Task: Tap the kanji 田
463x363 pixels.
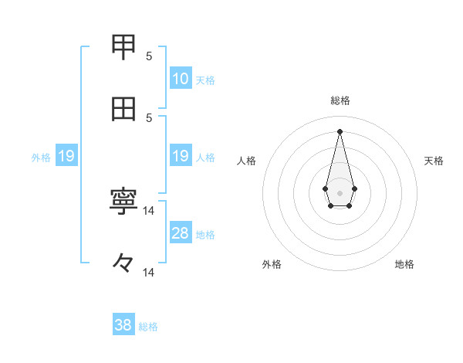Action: (x=124, y=110)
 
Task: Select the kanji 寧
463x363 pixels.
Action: (x=124, y=202)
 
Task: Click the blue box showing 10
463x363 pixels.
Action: (x=181, y=79)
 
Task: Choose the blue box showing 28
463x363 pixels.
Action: (x=181, y=233)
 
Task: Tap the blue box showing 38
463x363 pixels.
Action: (x=123, y=325)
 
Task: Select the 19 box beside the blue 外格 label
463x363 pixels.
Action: (x=66, y=157)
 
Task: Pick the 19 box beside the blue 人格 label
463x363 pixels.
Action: (x=181, y=157)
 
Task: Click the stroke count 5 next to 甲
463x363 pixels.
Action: (x=150, y=56)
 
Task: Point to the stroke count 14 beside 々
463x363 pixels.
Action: (x=149, y=273)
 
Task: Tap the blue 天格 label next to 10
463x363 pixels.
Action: (x=205, y=80)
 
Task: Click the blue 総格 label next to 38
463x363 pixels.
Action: (x=148, y=326)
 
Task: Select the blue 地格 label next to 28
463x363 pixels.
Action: (x=205, y=234)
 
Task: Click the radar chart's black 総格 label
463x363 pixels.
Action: (x=340, y=100)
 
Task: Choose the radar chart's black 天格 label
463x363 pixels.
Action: (x=434, y=161)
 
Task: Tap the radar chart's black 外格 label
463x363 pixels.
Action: (x=272, y=264)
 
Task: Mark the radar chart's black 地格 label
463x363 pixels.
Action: (x=404, y=264)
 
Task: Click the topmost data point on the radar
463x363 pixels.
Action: (x=340, y=131)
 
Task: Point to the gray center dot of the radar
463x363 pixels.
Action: (x=340, y=192)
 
